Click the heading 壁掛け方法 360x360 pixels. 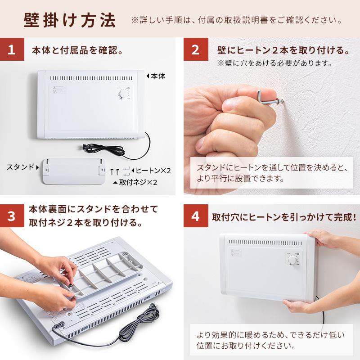pos(70,21)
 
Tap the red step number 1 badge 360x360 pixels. pos(12,49)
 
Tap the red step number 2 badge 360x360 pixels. pos(195,49)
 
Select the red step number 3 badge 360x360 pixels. pos(12,216)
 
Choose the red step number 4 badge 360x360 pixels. pos(195,216)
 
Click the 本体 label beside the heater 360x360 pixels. pos(157,76)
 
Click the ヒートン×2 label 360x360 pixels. pos(153,171)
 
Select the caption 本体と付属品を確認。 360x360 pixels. pos(77,50)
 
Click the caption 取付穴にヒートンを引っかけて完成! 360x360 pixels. pos(284,216)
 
